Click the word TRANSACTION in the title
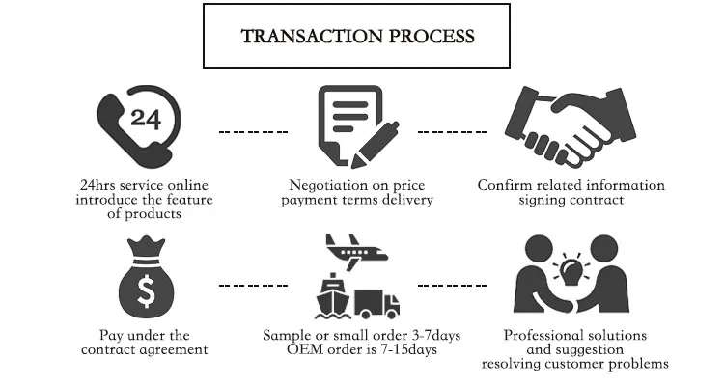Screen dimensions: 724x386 pos(312,37)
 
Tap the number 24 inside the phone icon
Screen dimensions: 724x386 pos(146,119)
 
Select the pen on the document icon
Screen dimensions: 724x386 pos(375,145)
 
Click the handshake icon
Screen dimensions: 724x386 pos(571,126)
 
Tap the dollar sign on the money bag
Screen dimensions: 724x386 pos(146,291)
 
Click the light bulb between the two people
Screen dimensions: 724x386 pos(571,268)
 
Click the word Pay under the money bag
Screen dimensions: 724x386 pos(111,336)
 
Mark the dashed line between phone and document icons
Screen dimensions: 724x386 pos(253,132)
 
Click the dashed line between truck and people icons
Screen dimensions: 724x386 pos(452,286)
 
